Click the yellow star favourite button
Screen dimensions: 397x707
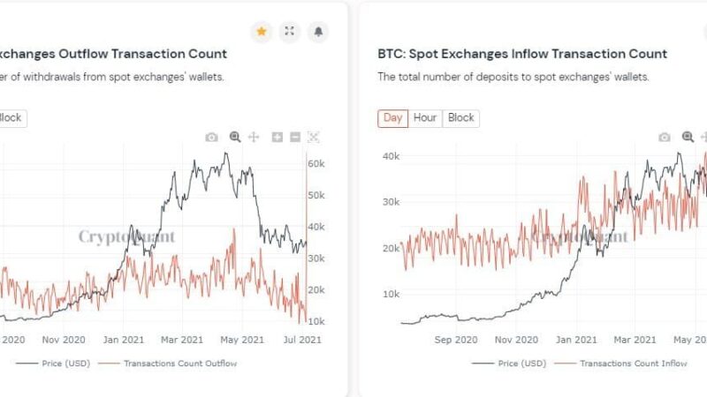pos(262,32)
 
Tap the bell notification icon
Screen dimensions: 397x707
pos(318,32)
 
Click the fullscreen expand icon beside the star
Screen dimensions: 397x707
pos(290,32)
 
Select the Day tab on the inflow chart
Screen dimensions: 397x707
pos(392,118)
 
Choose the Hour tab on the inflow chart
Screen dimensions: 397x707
pos(425,118)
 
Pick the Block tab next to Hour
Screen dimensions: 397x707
pos(460,118)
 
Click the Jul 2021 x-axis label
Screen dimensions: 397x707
pos(302,340)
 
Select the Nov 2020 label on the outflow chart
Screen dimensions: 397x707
pos(63,340)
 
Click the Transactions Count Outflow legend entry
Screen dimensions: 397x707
pos(180,363)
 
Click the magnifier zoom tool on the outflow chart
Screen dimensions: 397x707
pos(235,137)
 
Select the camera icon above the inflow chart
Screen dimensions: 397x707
pos(664,137)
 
